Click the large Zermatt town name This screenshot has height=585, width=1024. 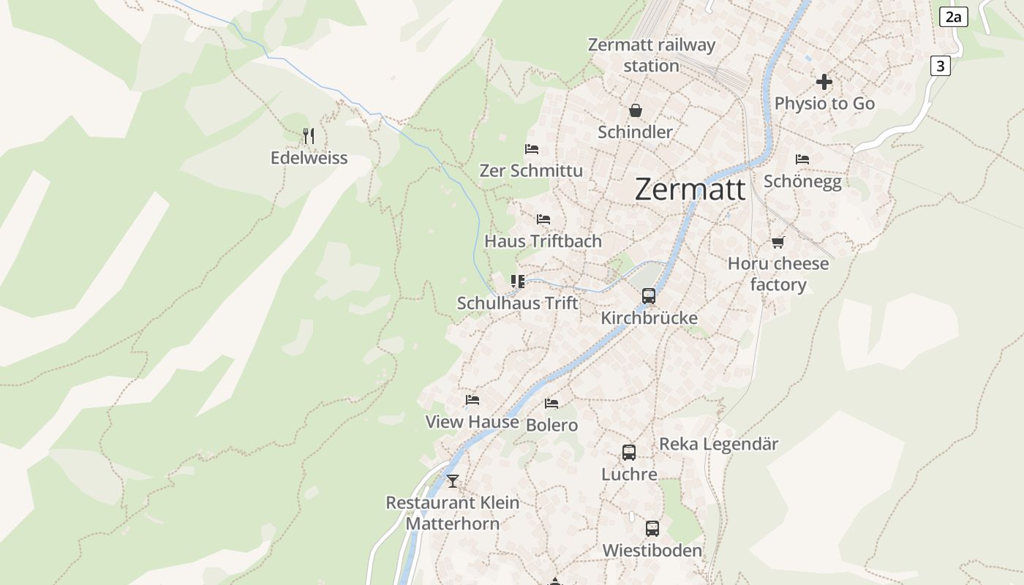pos(690,189)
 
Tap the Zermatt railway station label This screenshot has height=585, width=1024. pos(652,56)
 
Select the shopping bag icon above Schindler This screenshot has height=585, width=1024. pos(636,110)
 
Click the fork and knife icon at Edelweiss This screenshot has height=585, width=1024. pos(309,135)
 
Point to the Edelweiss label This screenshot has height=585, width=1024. pos(309,158)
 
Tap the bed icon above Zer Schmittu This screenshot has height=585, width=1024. pos(532,149)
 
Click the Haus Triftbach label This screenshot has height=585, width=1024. pos(543,241)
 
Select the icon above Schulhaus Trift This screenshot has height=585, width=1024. pos(518,282)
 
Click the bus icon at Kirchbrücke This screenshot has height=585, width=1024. pos(649,296)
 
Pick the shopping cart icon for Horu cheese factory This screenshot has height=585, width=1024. pos(778,242)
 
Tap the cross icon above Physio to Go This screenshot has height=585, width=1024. pos(824,81)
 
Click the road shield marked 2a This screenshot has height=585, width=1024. pos(953,17)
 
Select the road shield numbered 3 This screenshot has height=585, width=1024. pos(940,66)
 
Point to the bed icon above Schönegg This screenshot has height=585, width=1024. pos(802,159)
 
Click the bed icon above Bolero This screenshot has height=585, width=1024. pos(551,404)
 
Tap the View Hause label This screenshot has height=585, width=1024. pos(472,422)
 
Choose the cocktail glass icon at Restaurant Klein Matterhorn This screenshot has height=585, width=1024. pos(453,480)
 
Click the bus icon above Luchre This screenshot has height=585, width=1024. pos(629,453)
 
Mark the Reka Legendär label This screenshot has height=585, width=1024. pos(718,444)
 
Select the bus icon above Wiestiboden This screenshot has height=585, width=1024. pos(652,528)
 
